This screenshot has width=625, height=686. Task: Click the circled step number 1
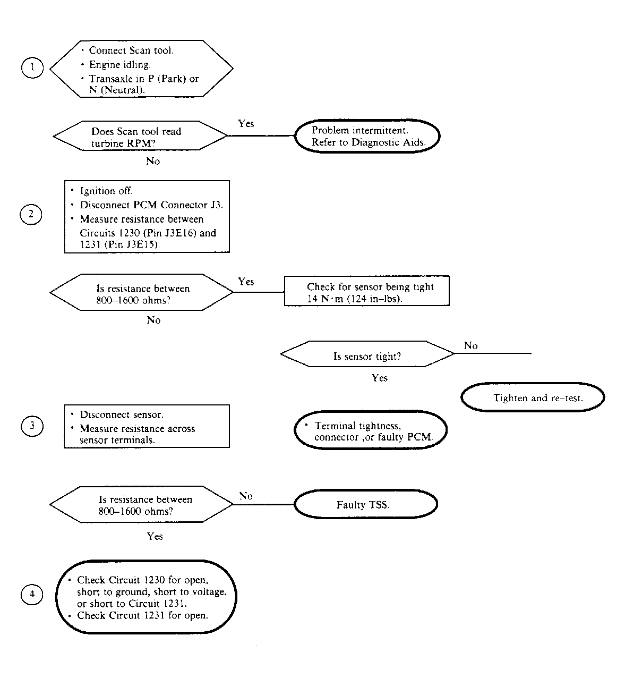pyautogui.click(x=32, y=67)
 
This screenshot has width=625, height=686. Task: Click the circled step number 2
pyautogui.click(x=31, y=215)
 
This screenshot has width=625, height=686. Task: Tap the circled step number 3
pyautogui.click(x=32, y=426)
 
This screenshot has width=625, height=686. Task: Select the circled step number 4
pyautogui.click(x=32, y=595)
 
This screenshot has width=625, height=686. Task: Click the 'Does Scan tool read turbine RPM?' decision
pyautogui.click(x=140, y=135)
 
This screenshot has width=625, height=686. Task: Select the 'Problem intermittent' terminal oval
pyautogui.click(x=367, y=136)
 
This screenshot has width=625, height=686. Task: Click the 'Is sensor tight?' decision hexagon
pyautogui.click(x=367, y=353)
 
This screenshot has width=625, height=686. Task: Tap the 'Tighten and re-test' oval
pyautogui.click(x=533, y=397)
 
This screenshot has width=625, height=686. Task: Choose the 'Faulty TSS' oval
pyautogui.click(x=366, y=504)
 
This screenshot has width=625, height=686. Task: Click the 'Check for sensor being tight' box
pyautogui.click(x=366, y=291)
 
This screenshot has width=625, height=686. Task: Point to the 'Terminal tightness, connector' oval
pyautogui.click(x=371, y=430)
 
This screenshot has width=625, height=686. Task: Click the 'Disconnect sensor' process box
pyautogui.click(x=147, y=426)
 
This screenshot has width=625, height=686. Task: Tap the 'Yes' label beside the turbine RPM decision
pyautogui.click(x=246, y=123)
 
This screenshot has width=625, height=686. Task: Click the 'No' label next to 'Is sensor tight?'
pyautogui.click(x=471, y=345)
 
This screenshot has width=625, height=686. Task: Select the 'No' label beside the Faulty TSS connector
pyautogui.click(x=246, y=496)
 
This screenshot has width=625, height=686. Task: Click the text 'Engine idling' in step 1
pyautogui.click(x=119, y=65)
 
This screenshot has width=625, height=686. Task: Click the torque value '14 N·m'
pyautogui.click(x=325, y=299)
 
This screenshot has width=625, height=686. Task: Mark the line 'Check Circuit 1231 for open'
pyautogui.click(x=142, y=615)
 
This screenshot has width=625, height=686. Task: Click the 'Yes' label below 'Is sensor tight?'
pyautogui.click(x=380, y=378)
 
